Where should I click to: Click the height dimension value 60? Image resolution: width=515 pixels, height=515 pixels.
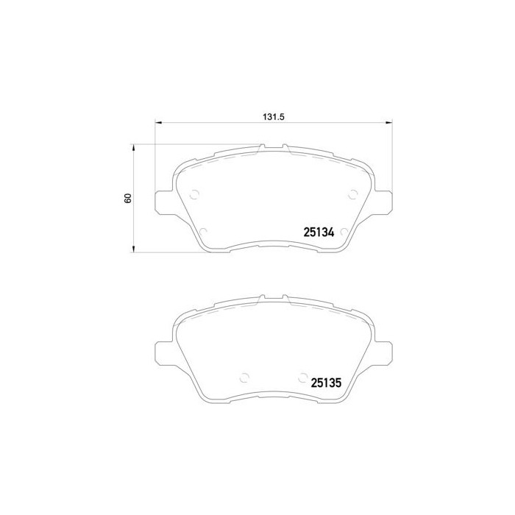127,199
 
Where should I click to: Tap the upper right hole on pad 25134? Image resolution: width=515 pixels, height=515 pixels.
352,194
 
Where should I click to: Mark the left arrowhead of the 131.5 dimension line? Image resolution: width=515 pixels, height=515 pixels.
158,123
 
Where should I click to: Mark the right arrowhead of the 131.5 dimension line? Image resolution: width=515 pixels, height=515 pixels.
388,123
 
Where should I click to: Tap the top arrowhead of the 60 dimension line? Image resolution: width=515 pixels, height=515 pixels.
133,147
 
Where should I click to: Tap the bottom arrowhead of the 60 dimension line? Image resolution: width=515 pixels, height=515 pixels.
133,250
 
